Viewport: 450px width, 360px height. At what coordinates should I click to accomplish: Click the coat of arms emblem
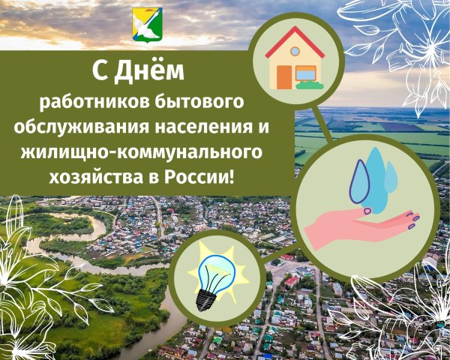[x=147, y=25]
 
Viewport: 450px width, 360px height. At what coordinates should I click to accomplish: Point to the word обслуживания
[x=82, y=127]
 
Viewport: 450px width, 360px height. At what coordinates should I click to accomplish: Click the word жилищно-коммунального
[x=141, y=152]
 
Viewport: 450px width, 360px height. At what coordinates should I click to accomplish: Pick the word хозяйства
[x=97, y=178]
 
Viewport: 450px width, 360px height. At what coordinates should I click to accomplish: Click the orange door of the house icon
[x=284, y=77]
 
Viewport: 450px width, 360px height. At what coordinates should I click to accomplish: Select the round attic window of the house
[x=295, y=52]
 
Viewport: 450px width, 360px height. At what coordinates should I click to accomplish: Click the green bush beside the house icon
[x=310, y=85]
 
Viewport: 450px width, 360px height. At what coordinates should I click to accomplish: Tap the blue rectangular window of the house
[x=306, y=73]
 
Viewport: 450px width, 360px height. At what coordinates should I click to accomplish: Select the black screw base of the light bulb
[x=205, y=300]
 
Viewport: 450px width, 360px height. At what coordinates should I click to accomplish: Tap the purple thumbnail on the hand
[x=367, y=211]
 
